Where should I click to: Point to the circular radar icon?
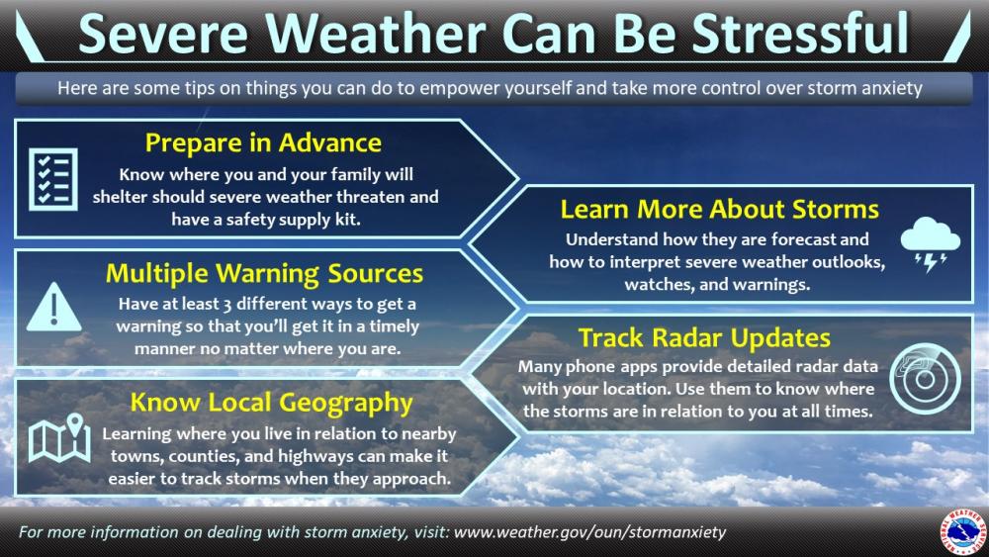924,376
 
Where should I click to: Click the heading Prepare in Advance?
263,142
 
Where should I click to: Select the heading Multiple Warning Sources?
264,272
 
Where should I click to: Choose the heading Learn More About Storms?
719,209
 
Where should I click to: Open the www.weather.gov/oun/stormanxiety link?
589,532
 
